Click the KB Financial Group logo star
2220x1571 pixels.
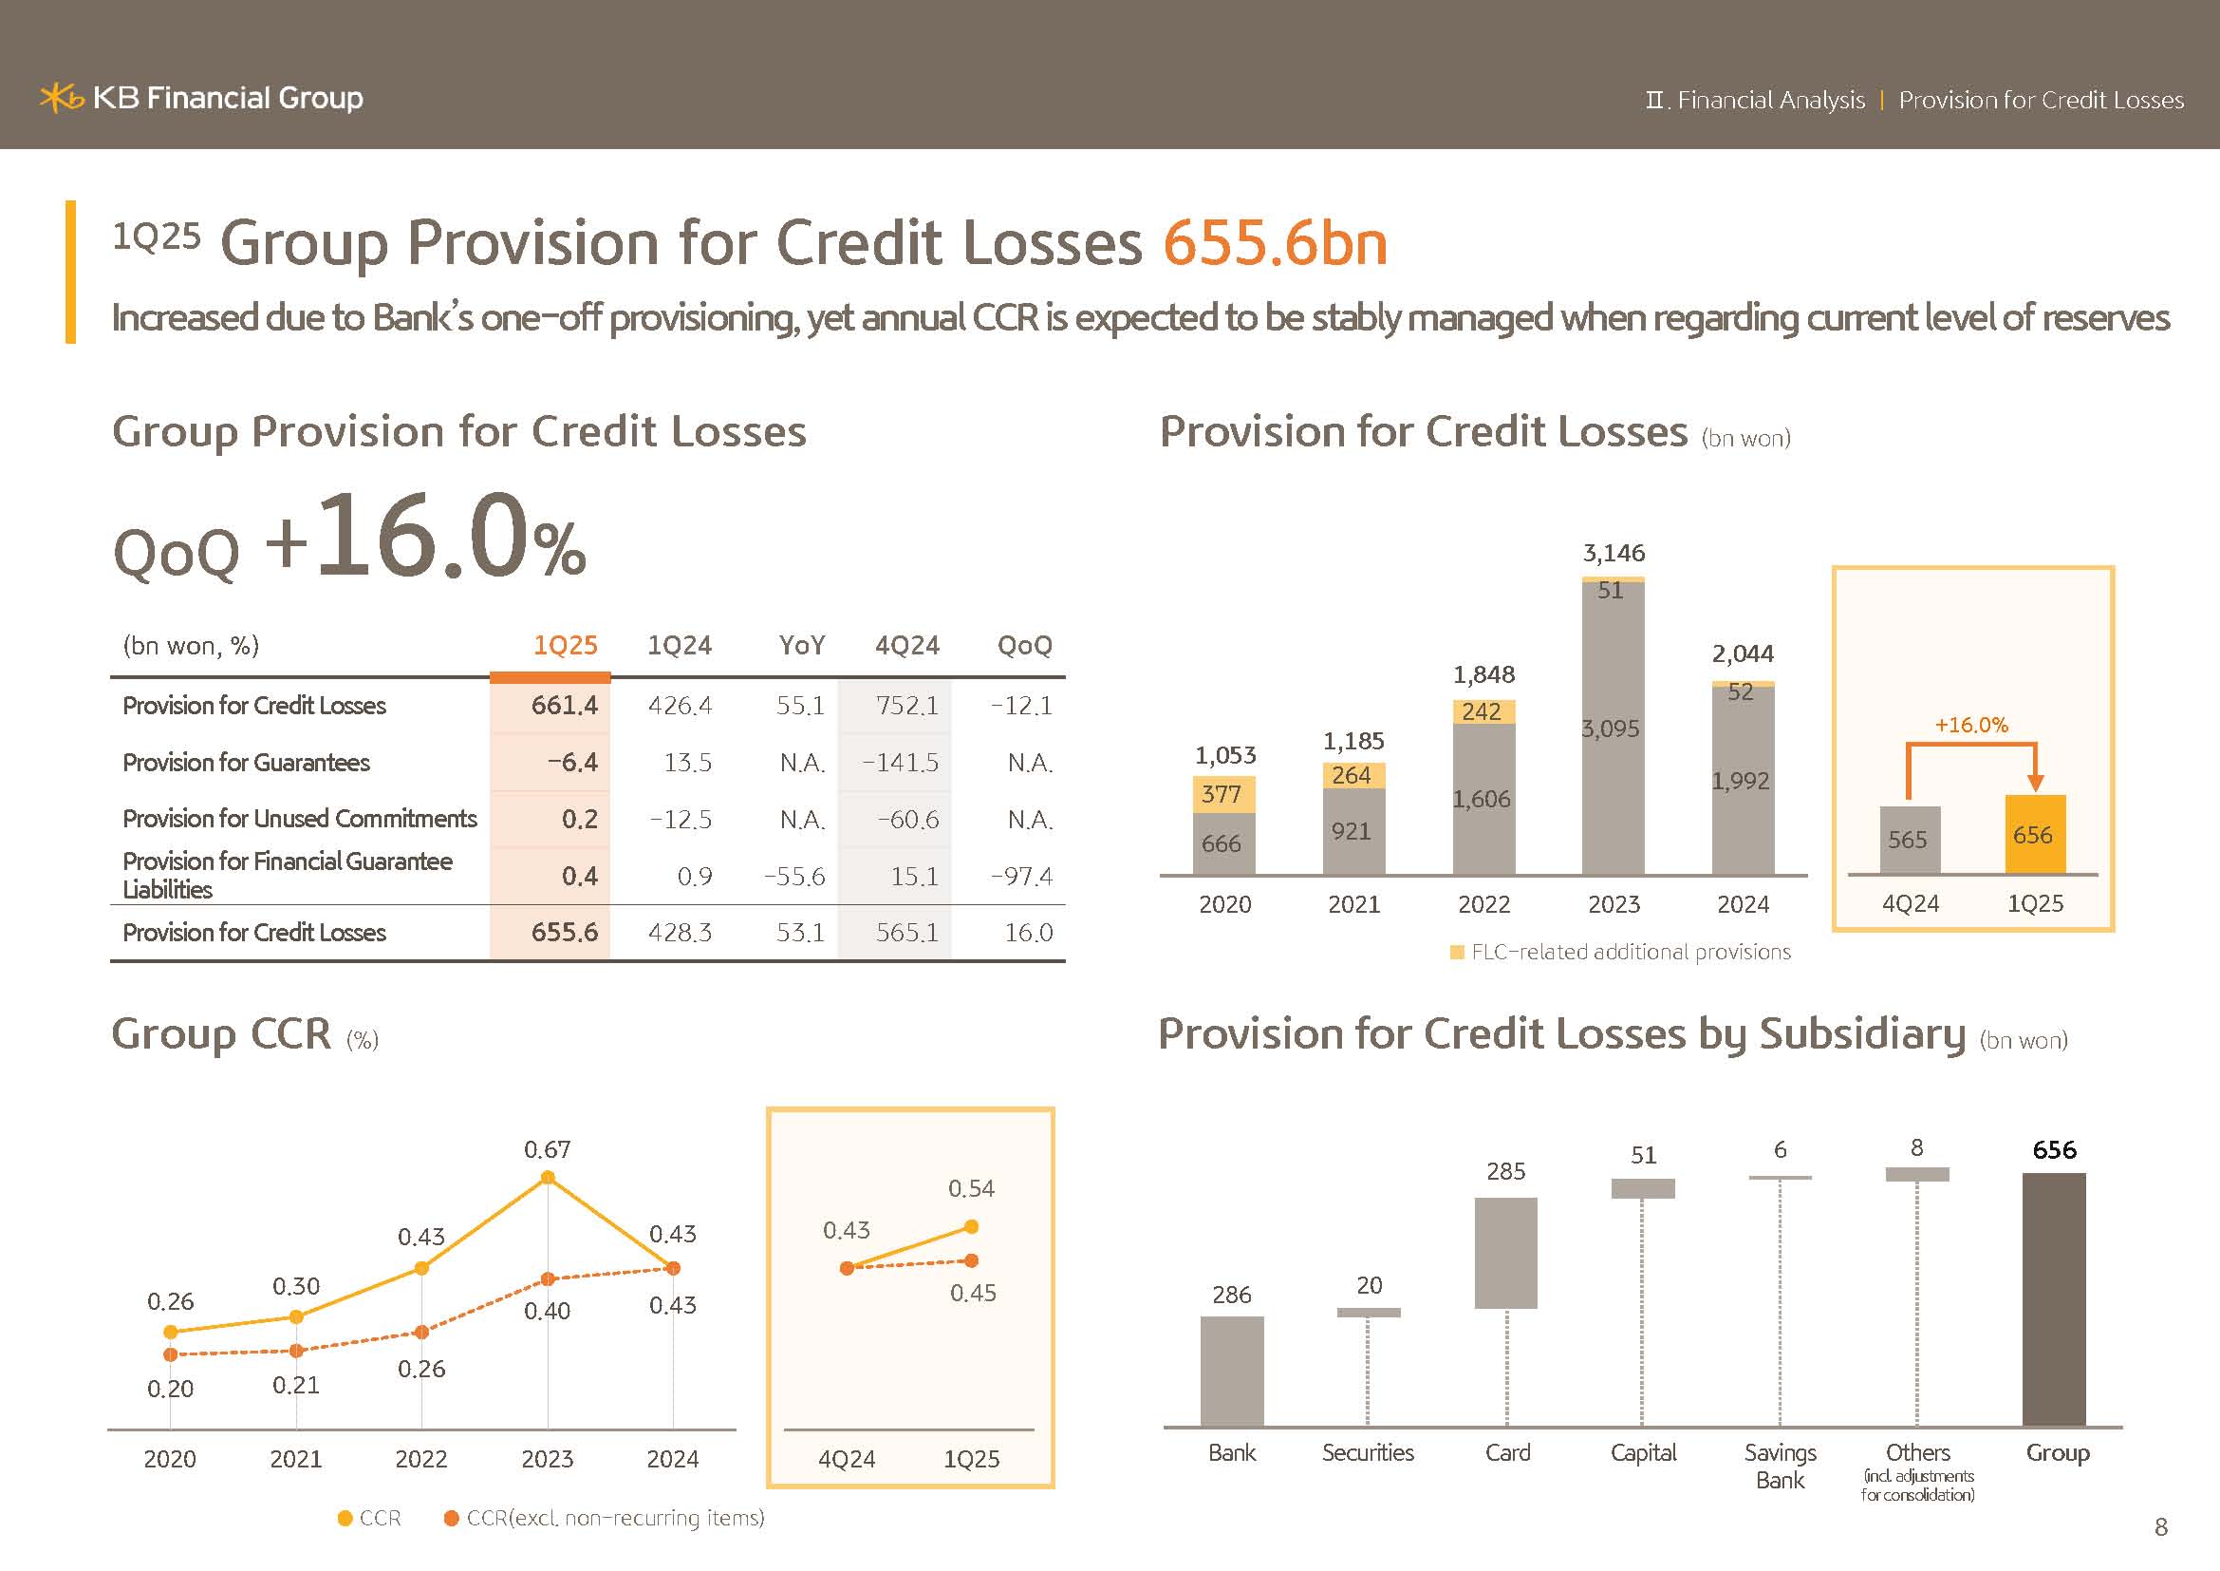coord(61,98)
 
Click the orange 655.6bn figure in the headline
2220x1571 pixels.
coord(1275,243)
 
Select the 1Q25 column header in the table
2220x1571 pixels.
coord(565,645)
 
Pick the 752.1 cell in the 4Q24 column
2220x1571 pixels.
coord(906,705)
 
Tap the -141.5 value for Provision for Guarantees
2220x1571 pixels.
coord(899,763)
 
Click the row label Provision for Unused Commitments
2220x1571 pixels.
coord(300,819)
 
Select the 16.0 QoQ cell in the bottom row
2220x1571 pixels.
coord(1028,933)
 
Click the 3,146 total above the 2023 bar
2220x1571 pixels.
coord(1613,554)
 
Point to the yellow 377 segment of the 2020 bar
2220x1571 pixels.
coord(1223,794)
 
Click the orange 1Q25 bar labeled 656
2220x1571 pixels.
coord(2034,835)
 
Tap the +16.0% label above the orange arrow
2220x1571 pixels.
coord(1970,725)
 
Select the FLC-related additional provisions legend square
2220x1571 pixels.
coord(1457,953)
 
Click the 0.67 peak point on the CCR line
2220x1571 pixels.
coord(548,1177)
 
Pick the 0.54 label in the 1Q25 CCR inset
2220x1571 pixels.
coord(971,1188)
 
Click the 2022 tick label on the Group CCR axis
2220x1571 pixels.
coord(420,1459)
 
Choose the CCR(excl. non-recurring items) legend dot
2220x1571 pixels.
coord(451,1518)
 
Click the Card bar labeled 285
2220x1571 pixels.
coord(1505,1253)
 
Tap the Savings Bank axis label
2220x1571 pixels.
coord(1779,1466)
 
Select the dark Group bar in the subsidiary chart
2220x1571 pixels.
coord(2054,1298)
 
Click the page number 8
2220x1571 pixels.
coord(2161,1526)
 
